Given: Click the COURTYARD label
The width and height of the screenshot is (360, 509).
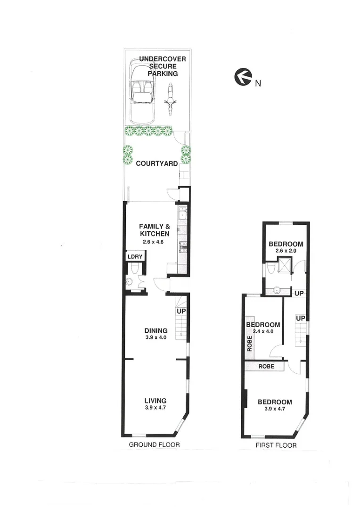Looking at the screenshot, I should pyautogui.click(x=156, y=164).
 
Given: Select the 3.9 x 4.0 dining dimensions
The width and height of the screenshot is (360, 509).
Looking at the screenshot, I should pyautogui.click(x=156, y=338).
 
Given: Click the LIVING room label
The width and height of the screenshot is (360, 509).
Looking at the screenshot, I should pyautogui.click(x=155, y=401).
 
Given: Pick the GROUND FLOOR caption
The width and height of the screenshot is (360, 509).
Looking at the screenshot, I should pyautogui.click(x=155, y=445).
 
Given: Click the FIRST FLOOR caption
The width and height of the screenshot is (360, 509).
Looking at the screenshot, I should pyautogui.click(x=276, y=445).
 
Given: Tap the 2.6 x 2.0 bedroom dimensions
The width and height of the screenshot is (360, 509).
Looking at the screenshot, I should pyautogui.click(x=286, y=251).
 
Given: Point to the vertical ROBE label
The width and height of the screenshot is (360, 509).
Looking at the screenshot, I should pyautogui.click(x=250, y=344).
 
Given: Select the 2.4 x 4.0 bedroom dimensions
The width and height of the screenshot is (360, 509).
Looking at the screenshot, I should pyautogui.click(x=263, y=332).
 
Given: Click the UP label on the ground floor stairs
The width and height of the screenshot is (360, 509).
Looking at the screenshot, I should pyautogui.click(x=181, y=312).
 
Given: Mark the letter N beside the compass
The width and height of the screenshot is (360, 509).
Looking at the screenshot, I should pyautogui.click(x=258, y=84).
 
